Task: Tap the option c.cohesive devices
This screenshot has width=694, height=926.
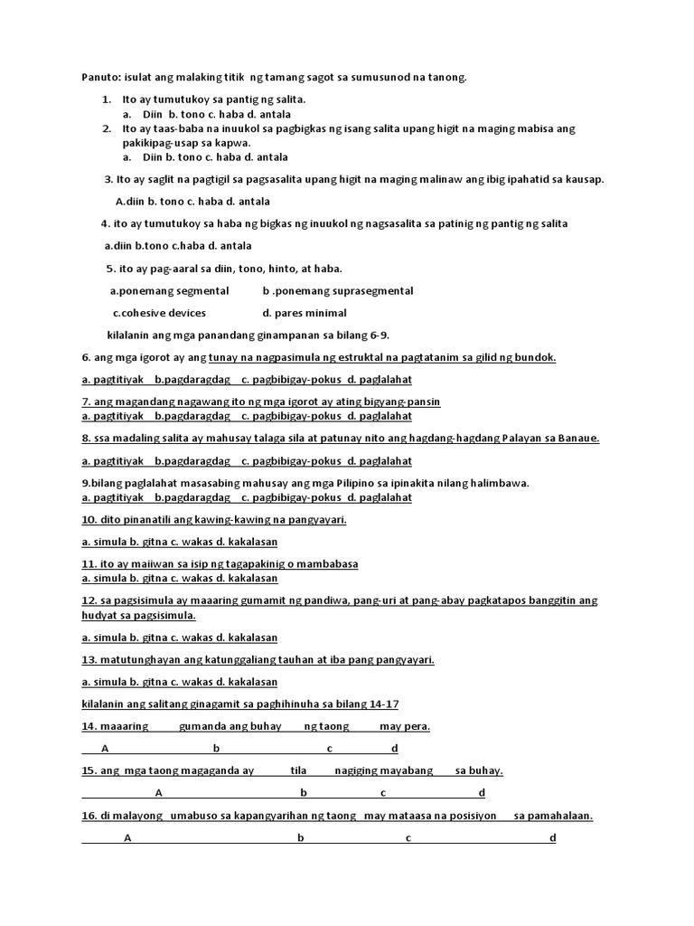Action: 159,313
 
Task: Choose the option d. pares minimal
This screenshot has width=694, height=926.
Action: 305,313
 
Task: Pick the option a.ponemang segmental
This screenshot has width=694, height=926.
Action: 169,291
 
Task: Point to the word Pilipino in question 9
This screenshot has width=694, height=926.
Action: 360,483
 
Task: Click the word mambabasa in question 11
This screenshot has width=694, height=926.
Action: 327,563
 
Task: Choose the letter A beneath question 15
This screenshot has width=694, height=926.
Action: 159,793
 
